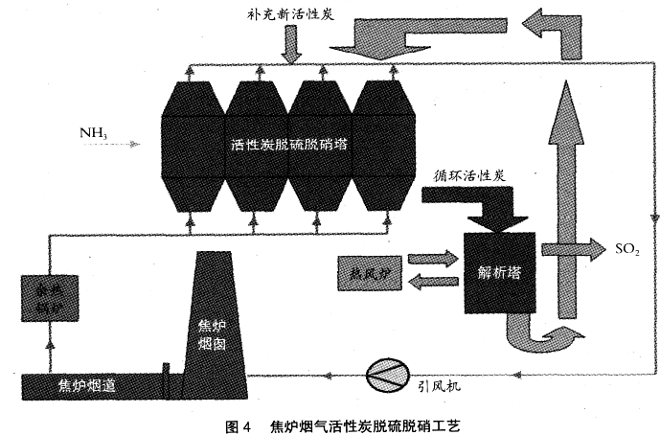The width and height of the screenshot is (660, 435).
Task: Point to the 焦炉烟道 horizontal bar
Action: [x=86, y=387]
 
